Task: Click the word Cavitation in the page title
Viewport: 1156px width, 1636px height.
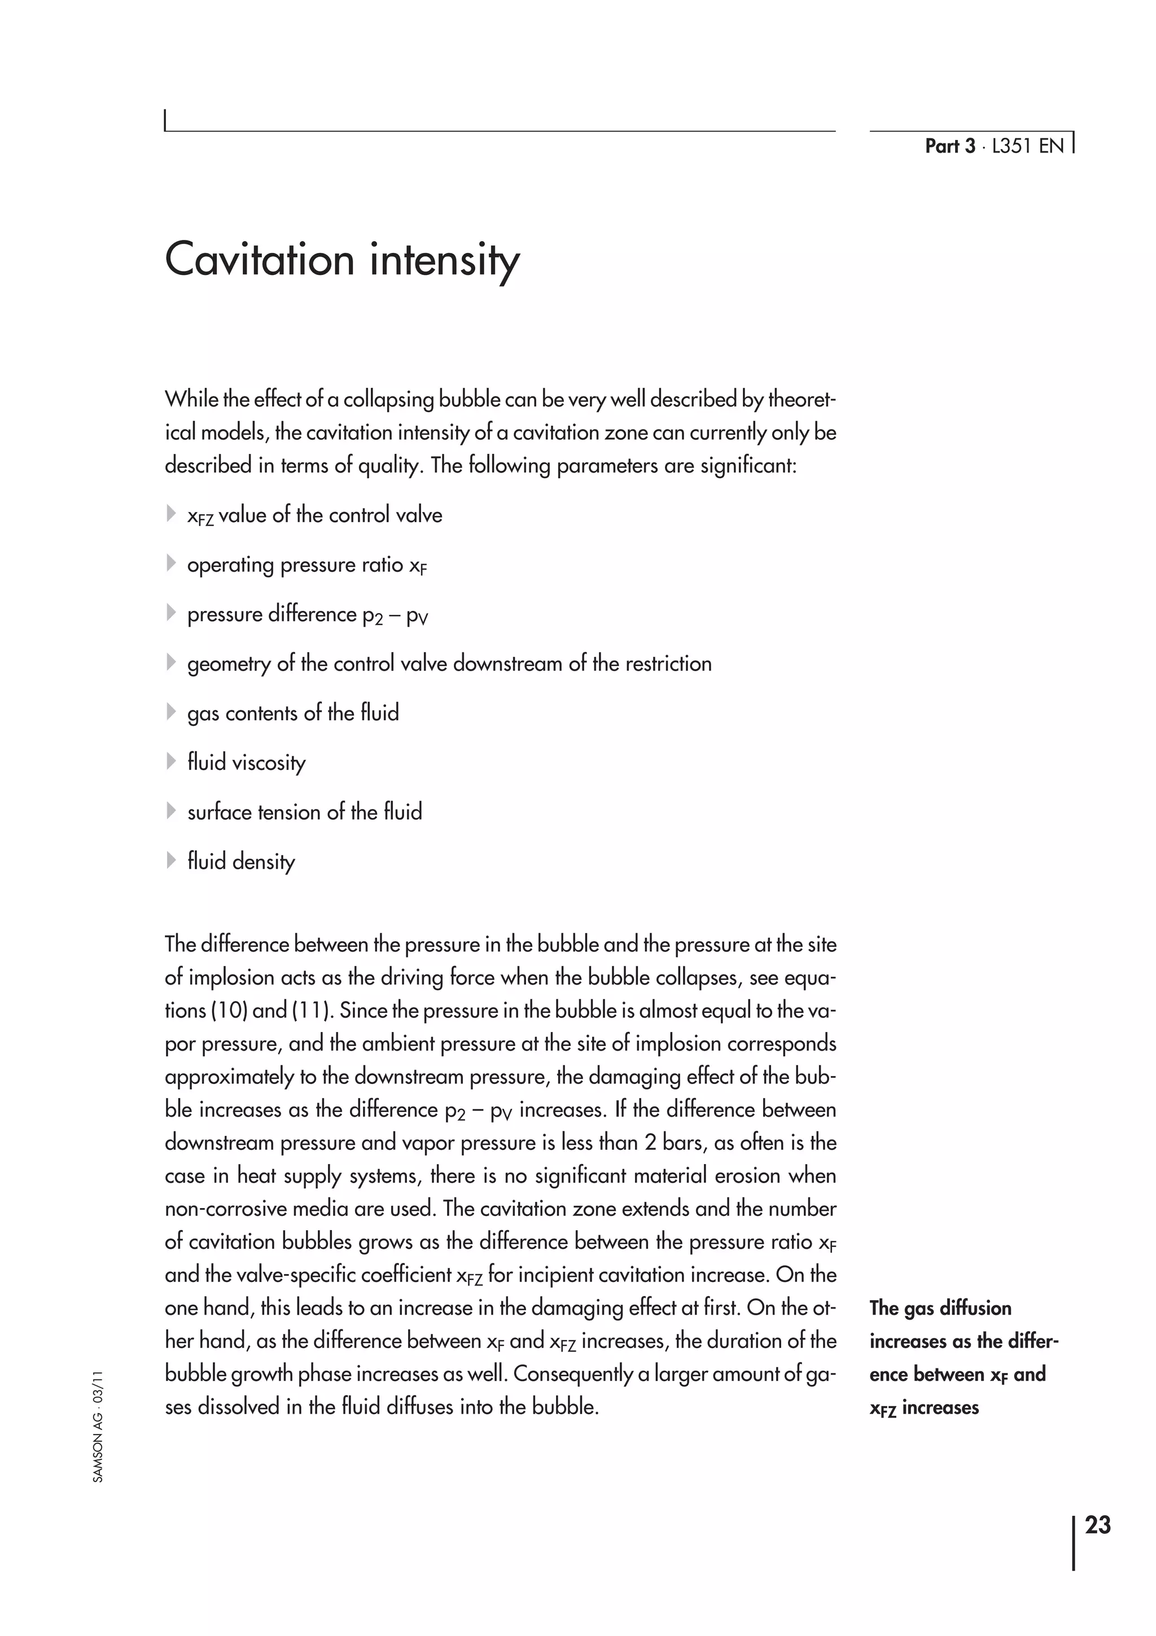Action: point(259,260)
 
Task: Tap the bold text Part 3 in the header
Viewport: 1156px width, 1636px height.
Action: point(949,146)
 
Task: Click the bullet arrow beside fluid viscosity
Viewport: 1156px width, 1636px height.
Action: point(171,762)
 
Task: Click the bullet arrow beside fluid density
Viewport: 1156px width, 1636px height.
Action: point(171,861)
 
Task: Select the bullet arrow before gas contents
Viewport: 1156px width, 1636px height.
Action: point(171,712)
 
